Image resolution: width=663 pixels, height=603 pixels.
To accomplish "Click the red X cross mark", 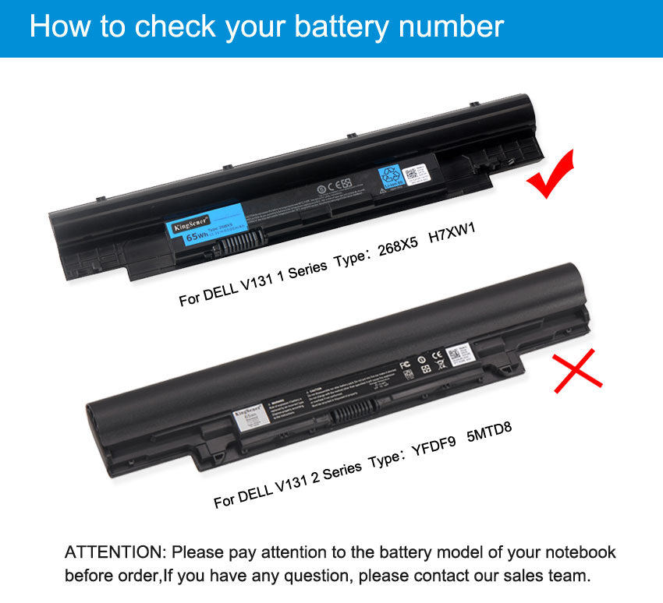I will (x=577, y=371).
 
